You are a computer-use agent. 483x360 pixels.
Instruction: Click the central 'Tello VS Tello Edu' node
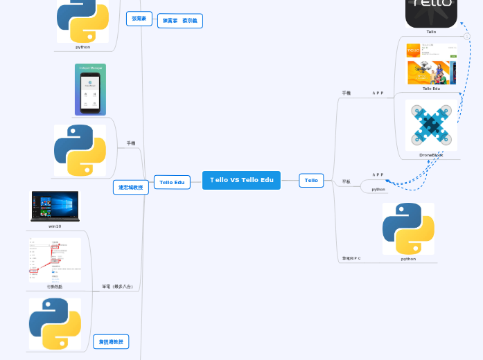coord(241,180)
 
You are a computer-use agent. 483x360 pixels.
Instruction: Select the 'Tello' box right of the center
coord(311,181)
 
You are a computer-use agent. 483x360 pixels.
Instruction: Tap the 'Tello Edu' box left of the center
coord(171,182)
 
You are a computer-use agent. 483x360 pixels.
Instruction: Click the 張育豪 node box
coord(139,19)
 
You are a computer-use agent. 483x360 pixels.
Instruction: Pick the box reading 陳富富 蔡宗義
coord(179,21)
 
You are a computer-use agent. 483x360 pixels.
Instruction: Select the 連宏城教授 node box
coord(130,187)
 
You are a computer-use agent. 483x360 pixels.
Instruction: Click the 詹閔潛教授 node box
coord(111,341)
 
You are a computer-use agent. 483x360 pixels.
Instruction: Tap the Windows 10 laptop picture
coord(55,206)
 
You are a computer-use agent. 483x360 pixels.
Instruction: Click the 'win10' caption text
coord(55,226)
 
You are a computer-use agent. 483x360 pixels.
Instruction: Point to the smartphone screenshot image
coord(90,90)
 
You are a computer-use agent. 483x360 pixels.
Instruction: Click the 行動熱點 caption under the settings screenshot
coord(55,286)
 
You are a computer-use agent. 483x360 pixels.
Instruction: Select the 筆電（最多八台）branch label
coord(117,286)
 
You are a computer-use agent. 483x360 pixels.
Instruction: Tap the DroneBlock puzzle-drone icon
coord(431,125)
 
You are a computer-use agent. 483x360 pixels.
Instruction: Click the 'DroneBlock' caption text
coord(431,155)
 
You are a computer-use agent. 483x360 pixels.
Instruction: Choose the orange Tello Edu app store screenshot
coord(431,64)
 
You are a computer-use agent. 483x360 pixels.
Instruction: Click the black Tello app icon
coord(431,12)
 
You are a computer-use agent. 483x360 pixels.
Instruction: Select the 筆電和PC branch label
coord(351,258)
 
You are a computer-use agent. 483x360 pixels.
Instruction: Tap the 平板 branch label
coord(346,182)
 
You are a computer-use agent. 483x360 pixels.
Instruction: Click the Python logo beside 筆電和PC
coord(408,228)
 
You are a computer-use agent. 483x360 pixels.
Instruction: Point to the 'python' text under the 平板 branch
coord(378,189)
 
